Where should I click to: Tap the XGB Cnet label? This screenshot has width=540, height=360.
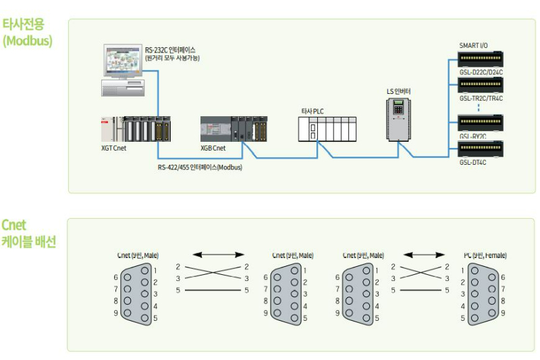coord(213,147)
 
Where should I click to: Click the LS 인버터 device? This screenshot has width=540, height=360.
coord(399,118)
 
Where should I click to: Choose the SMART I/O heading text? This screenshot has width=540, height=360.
coord(473,45)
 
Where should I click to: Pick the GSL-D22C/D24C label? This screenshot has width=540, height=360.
coord(481,71)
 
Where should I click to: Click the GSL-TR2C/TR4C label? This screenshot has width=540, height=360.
coord(481,99)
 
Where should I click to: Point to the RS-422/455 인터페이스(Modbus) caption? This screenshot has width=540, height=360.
coord(200,167)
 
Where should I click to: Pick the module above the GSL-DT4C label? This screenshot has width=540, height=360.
coord(481,148)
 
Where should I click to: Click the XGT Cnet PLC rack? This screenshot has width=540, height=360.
coord(134,128)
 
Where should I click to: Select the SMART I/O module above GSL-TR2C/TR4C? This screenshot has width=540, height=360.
coord(481,85)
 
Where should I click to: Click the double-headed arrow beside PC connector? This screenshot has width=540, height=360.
coord(423,255)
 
